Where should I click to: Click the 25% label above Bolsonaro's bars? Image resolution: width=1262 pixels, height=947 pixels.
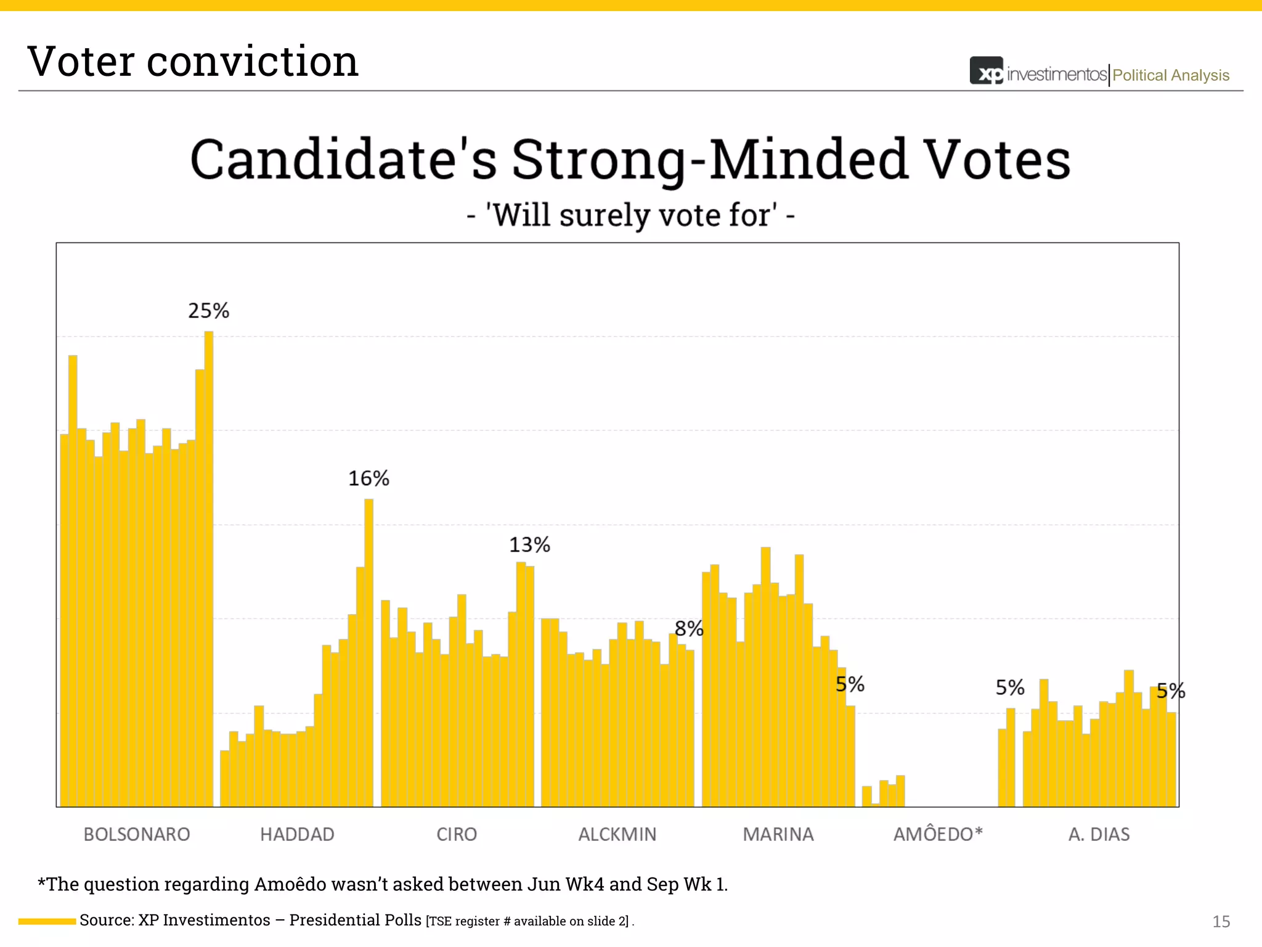click(208, 311)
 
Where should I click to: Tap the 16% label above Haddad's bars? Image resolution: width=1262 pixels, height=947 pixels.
click(368, 478)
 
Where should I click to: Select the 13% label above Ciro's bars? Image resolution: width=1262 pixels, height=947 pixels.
click(529, 545)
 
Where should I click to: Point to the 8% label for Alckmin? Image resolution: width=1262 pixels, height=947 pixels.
click(688, 629)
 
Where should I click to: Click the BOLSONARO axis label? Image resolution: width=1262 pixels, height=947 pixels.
click(137, 834)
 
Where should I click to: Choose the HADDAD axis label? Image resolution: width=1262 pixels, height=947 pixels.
click(297, 834)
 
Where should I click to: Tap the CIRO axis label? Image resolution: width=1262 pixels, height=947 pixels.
click(457, 834)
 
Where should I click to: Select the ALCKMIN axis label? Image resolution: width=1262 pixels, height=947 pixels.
click(617, 834)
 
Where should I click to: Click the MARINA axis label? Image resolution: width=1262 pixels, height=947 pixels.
click(778, 834)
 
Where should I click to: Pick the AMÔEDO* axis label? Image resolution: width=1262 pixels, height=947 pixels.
click(938, 834)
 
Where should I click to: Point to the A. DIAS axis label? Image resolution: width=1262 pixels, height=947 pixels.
click(1099, 834)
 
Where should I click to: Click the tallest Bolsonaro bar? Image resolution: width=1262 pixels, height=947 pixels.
click(209, 567)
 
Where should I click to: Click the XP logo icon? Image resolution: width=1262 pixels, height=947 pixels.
click(987, 72)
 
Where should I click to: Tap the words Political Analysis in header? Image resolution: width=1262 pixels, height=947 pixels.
click(1171, 75)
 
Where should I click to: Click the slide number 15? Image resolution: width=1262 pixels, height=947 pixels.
click(1221, 921)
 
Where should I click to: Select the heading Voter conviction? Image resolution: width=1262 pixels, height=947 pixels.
click(193, 62)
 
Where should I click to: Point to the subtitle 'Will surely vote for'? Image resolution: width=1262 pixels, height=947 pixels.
click(631, 216)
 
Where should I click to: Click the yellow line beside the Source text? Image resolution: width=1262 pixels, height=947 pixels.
click(47, 921)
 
